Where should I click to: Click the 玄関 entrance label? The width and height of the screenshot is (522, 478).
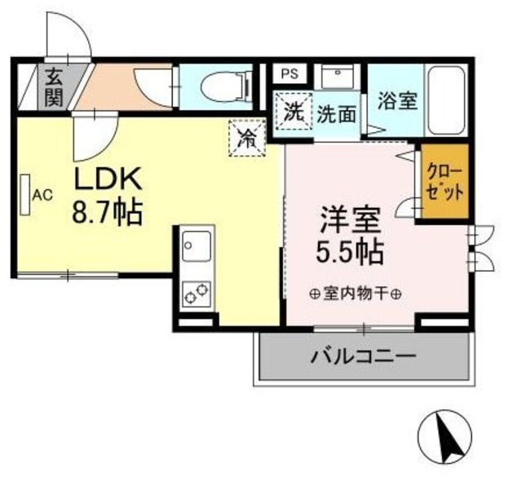(x=55, y=87)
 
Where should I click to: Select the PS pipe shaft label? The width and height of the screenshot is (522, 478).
(x=289, y=73)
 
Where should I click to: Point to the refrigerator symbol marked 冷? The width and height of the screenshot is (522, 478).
(x=246, y=136)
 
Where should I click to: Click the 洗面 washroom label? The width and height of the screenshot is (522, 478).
(x=336, y=113)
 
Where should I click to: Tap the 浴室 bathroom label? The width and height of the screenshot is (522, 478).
(x=398, y=100)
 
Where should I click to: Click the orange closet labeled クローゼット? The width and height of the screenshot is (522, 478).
(x=445, y=183)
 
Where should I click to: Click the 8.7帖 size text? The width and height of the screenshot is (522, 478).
(x=107, y=214)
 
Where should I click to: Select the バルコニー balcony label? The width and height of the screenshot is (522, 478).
(x=363, y=356)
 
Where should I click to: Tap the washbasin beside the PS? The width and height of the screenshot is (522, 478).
(x=335, y=75)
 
